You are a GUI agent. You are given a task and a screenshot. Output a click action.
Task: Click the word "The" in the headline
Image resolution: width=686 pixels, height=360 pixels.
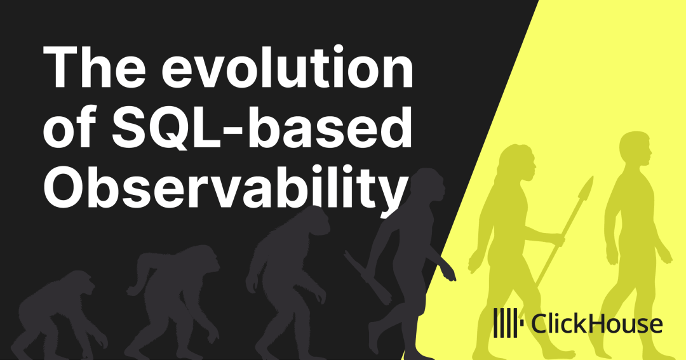tap(94, 66)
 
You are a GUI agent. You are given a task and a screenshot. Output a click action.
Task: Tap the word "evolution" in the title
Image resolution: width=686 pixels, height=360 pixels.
tap(288, 66)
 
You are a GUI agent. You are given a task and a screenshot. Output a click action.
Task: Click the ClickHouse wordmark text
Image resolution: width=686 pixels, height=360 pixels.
tap(596, 324)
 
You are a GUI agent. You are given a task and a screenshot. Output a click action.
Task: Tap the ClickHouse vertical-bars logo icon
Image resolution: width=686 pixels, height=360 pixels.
tap(508, 323)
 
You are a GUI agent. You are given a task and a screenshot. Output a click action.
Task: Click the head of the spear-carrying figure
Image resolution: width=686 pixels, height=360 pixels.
tap(518, 162)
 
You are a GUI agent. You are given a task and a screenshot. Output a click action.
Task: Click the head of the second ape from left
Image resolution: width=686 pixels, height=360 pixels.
tap(202, 257)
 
